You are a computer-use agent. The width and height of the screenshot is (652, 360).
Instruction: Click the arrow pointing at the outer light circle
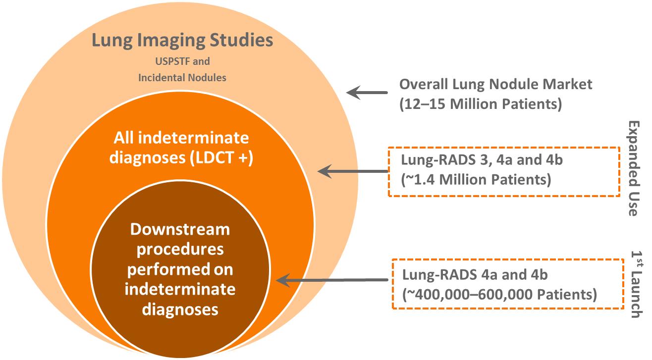coord(367,92)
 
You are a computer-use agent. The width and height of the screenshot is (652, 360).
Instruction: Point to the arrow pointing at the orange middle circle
coord(352,171)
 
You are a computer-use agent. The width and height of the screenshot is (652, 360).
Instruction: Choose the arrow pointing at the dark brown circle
coord(331,280)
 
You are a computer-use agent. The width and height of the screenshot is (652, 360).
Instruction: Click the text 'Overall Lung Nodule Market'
coord(495,84)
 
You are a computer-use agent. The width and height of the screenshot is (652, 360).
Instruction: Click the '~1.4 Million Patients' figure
coord(476,179)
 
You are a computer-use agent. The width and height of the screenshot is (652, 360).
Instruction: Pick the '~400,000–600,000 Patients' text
coord(500,294)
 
